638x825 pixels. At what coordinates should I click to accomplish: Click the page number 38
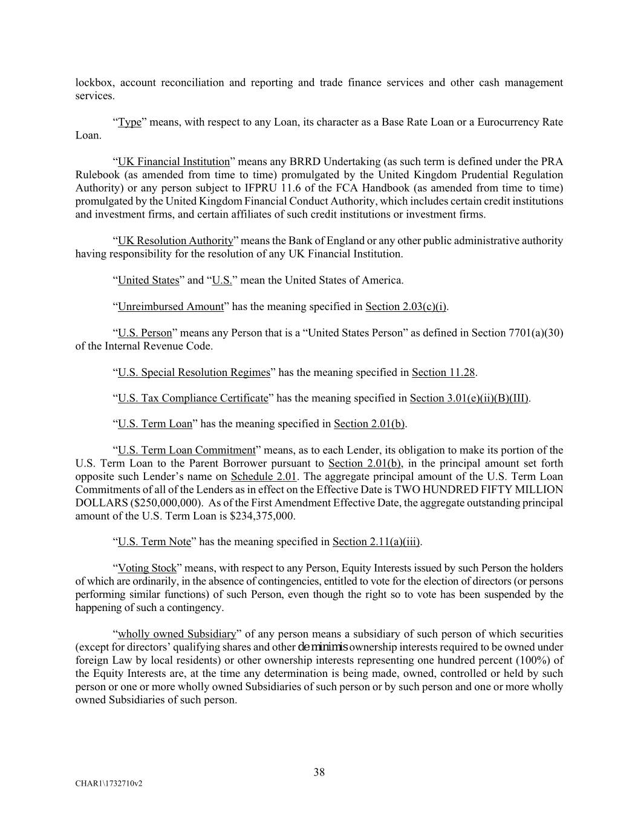319,772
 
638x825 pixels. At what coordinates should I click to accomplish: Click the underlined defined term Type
129,122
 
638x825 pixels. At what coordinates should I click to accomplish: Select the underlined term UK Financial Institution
174,161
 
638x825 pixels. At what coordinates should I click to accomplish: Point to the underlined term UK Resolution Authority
175,241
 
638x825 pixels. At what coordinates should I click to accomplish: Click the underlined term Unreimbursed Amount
171,306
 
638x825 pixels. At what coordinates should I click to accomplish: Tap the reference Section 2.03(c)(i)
406,306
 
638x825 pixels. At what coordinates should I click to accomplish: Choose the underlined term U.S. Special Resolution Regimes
194,372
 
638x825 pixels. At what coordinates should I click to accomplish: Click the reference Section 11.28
443,372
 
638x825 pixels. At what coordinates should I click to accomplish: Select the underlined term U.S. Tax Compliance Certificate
192,398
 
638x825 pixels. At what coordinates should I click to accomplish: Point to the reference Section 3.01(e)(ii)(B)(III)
469,398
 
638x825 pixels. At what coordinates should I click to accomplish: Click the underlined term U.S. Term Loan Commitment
186,450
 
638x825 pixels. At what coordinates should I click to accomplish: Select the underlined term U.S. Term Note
154,542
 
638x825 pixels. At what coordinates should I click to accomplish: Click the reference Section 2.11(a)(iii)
376,542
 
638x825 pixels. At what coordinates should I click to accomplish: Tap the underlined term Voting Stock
147,568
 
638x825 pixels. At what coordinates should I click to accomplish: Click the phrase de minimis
323,647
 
